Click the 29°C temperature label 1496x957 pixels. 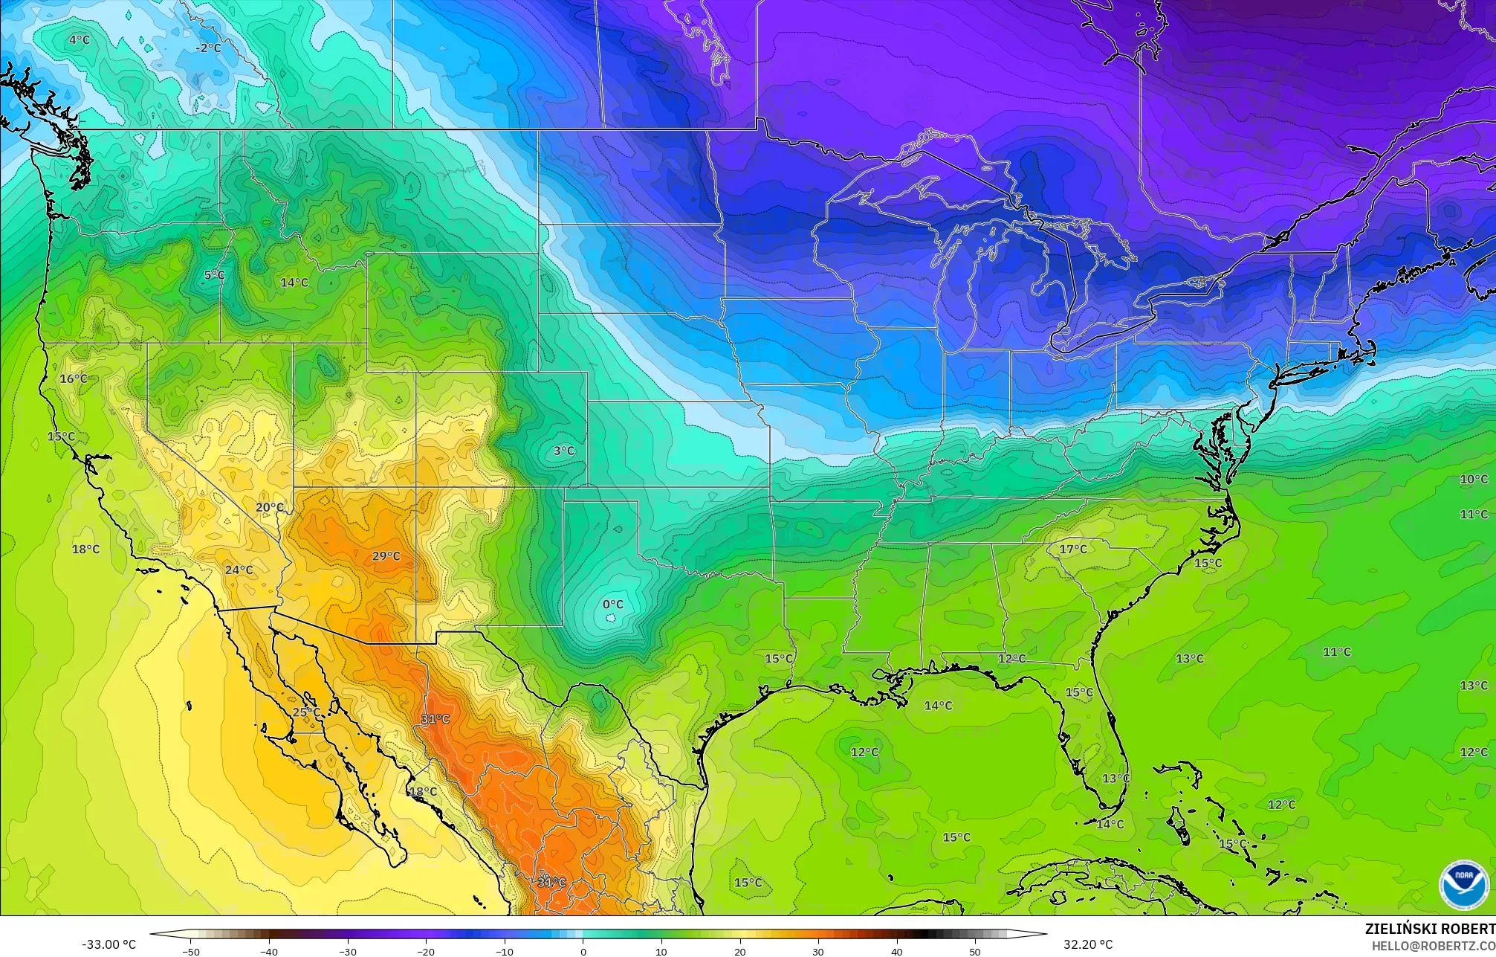386,556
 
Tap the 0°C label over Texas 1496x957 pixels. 613,605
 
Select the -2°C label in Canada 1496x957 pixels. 208,48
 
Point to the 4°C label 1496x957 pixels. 79,39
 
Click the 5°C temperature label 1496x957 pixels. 214,275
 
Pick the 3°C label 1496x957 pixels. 564,451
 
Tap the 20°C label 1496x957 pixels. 269,508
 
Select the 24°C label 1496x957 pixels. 239,570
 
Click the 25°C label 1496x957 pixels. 305,712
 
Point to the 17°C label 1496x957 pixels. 1072,550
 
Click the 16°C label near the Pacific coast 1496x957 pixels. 73,379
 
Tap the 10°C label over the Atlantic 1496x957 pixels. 1473,480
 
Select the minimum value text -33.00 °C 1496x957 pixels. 109,944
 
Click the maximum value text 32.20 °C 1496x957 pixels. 1087,944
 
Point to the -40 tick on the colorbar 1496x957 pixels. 270,951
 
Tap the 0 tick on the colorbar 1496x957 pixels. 583,951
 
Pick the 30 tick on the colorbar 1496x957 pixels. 818,951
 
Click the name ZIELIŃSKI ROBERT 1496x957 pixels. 1429,929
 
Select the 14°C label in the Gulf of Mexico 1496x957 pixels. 938,706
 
